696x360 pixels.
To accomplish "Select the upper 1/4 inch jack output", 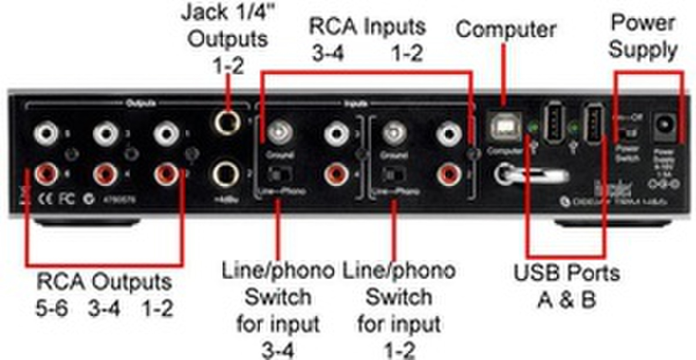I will [x=226, y=122].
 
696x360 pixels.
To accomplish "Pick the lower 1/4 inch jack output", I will [x=226, y=174].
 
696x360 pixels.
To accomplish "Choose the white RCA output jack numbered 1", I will [x=166, y=133].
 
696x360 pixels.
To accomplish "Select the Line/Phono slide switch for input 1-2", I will [x=393, y=175].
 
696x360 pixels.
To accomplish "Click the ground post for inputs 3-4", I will [x=278, y=132].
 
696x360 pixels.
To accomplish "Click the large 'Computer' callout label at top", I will [x=506, y=30].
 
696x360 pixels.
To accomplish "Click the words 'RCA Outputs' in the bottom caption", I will [x=104, y=282].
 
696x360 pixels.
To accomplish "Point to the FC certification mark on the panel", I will [x=66, y=199].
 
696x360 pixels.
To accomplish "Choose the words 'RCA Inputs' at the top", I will [x=367, y=27].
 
